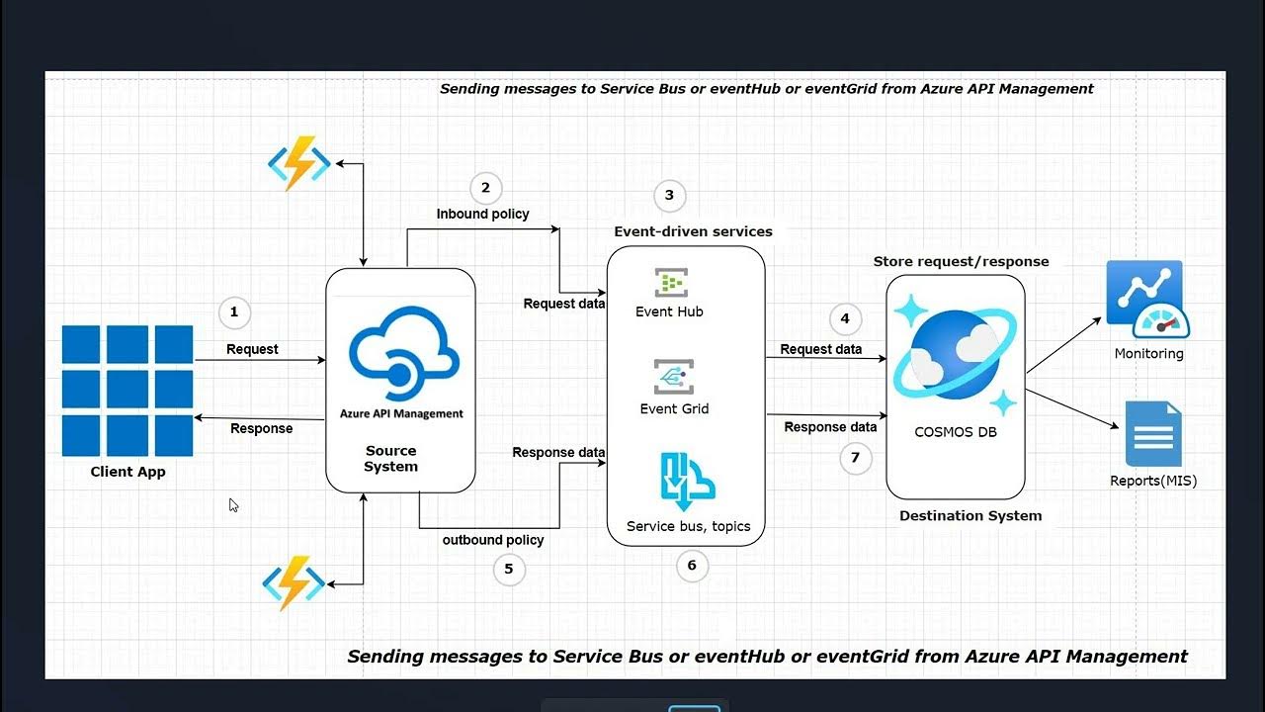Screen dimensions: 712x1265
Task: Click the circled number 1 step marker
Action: tap(234, 312)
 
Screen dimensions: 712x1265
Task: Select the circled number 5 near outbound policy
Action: tap(509, 569)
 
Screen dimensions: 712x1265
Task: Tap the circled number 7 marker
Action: tap(855, 458)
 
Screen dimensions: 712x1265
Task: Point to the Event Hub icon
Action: tap(671, 283)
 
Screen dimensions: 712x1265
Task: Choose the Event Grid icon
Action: tap(673, 377)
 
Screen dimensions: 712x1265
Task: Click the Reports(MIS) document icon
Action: tap(1153, 433)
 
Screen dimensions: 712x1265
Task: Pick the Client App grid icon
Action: tap(127, 391)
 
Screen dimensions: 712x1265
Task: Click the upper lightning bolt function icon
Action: tap(298, 163)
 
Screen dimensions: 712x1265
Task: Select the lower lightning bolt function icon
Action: tap(294, 583)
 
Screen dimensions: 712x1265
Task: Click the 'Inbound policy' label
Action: tap(482, 214)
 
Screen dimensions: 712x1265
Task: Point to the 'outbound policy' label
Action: tap(492, 540)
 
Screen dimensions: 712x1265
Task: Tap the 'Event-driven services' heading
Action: tap(693, 231)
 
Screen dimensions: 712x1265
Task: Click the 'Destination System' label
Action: tap(970, 515)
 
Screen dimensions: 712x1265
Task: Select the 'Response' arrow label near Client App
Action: tap(261, 428)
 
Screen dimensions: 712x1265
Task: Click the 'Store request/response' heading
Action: tap(961, 262)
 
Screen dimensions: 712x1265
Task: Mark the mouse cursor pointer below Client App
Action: tap(233, 504)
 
